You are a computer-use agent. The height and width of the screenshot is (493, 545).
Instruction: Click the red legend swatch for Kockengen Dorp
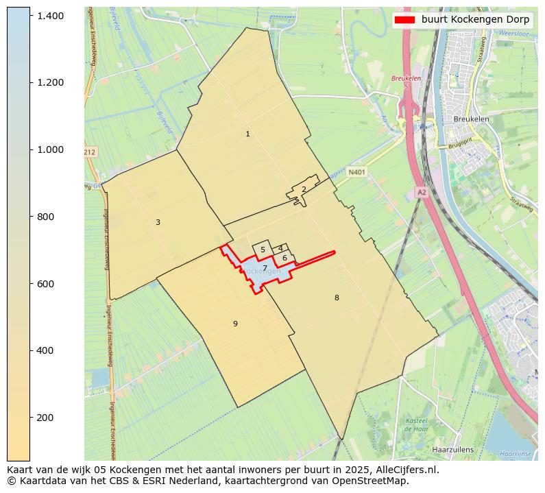coord(405,19)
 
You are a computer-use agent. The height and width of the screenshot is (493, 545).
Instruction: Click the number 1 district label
coord(247,134)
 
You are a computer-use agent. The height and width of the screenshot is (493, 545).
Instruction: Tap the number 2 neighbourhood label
coord(304,189)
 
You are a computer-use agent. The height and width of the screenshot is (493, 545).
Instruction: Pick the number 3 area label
coord(158,222)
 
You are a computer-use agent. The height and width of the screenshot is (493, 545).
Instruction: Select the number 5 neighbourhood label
coord(263,250)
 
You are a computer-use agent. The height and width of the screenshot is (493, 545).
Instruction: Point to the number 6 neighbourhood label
coord(284,258)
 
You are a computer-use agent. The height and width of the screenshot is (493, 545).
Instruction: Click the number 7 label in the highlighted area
coord(265,268)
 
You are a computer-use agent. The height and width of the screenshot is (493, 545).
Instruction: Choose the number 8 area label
coord(337,298)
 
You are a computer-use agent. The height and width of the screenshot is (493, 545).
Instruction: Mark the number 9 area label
coord(235,324)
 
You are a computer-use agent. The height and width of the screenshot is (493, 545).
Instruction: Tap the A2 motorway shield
coord(422,193)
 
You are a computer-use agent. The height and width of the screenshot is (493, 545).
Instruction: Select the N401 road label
coord(356,173)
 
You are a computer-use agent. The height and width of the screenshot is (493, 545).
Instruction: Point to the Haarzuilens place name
coord(453,450)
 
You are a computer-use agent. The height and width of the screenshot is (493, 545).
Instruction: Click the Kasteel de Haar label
coord(416,424)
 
